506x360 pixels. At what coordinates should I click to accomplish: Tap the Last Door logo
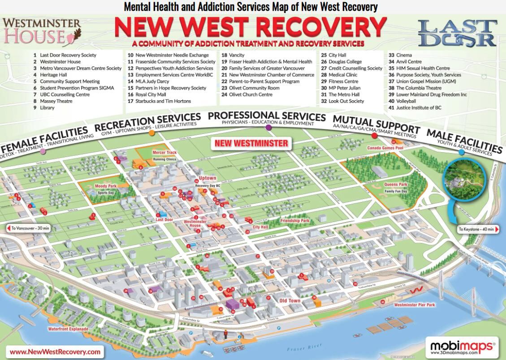(457, 32)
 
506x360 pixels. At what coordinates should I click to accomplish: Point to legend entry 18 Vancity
(233, 55)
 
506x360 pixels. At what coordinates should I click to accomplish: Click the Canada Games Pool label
(385, 148)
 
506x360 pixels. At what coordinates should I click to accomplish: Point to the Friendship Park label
(294, 221)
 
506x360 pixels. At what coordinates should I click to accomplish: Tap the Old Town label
(290, 300)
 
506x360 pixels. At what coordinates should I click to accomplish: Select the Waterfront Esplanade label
(68, 329)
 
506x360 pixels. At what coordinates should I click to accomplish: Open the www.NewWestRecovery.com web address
(55, 351)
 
